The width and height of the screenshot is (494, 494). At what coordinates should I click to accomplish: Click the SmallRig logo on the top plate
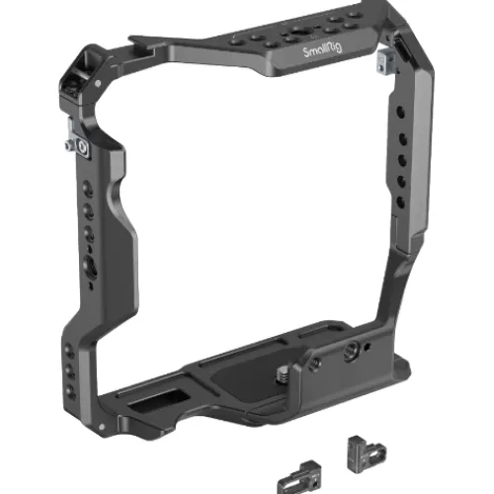tap(322, 50)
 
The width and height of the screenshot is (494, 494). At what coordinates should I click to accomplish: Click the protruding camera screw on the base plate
tap(282, 373)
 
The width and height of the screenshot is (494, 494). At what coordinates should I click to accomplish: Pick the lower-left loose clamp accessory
tap(300, 477)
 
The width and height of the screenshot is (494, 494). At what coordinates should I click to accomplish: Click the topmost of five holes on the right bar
tap(400, 112)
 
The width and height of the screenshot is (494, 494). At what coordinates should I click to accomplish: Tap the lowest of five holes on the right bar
tap(401, 202)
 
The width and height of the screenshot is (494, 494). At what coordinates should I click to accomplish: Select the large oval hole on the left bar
tap(90, 267)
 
